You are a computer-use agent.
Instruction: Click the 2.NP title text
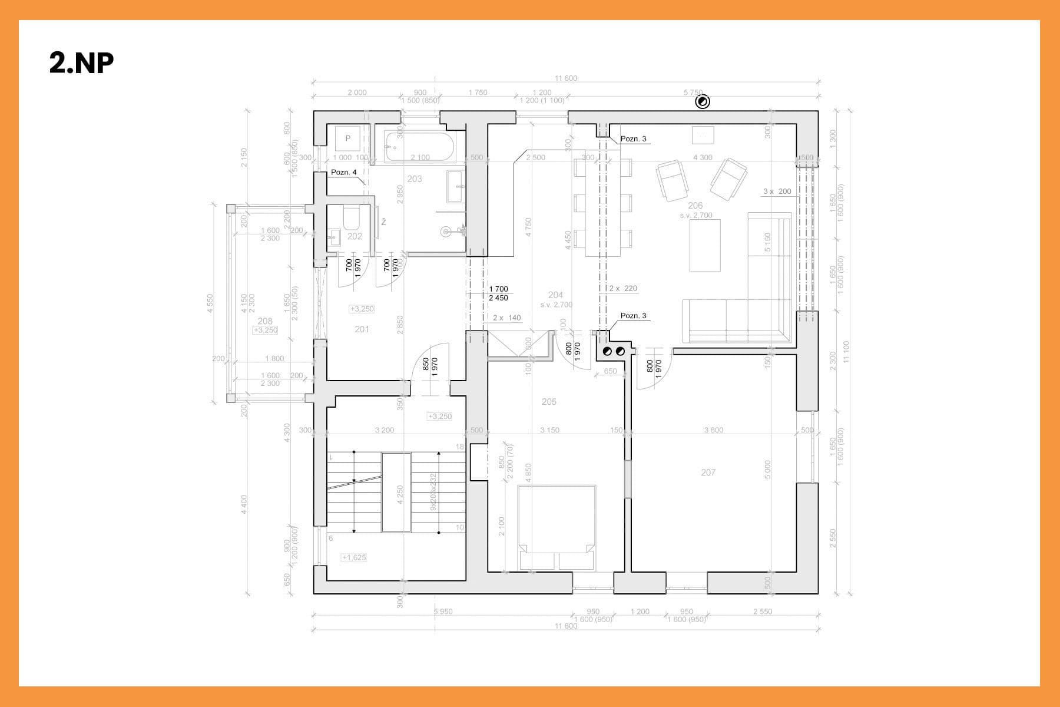[x=81, y=63]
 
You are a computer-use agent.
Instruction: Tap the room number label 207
[x=708, y=473]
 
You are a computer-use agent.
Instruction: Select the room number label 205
[x=549, y=402]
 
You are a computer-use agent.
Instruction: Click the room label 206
[x=695, y=206]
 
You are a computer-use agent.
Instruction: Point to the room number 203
[x=415, y=179]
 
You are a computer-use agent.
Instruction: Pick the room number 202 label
[x=355, y=236]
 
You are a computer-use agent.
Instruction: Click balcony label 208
[x=265, y=321]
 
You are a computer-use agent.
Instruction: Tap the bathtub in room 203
[x=420, y=146]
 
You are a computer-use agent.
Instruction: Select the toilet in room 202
[x=352, y=218]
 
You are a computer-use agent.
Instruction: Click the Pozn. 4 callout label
[x=344, y=172]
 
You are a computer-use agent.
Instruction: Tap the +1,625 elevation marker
[x=354, y=557]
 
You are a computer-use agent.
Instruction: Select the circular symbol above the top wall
[x=703, y=102]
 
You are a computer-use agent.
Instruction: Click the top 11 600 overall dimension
[x=566, y=78]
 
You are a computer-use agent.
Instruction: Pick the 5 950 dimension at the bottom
[x=443, y=612]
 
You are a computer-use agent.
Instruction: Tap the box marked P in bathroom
[x=348, y=138]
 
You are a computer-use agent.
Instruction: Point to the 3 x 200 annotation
[x=777, y=191]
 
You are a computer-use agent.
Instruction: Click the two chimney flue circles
[x=612, y=352]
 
